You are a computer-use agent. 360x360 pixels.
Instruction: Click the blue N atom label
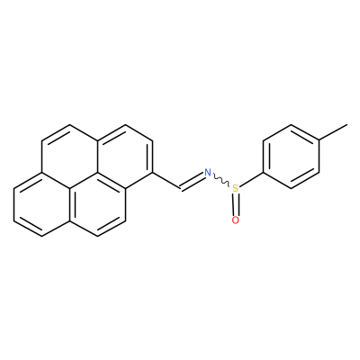tap(208, 173)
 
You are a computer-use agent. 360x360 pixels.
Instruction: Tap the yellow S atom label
tap(236, 188)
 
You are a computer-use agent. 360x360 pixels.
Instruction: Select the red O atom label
tap(236, 220)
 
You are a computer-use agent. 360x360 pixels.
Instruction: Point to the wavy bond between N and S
tap(221, 180)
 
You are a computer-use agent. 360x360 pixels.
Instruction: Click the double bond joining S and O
tap(236, 204)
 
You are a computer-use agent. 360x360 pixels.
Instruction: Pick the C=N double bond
tap(192, 181)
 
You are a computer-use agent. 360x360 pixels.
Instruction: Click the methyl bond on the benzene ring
tap(333, 132)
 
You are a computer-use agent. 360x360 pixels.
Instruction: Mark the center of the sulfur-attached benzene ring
tap(291, 157)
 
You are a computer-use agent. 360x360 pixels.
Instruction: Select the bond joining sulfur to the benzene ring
tap(251, 179)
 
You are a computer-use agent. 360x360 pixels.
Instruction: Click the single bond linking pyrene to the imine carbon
tap(166, 181)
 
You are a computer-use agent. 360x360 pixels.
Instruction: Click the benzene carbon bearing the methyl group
tap(319, 140)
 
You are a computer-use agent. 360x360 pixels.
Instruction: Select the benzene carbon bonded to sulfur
tap(263, 173)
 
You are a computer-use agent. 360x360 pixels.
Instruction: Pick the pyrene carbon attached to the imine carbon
tap(153, 173)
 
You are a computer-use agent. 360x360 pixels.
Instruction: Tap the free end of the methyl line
tap(347, 124)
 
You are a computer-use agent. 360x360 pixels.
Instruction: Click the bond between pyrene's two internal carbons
tap(84, 181)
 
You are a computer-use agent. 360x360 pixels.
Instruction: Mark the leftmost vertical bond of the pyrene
tap(13, 204)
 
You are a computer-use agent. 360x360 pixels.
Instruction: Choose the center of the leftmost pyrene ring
tap(41, 204)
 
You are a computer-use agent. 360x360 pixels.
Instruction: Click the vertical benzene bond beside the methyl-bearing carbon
tap(319, 157)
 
